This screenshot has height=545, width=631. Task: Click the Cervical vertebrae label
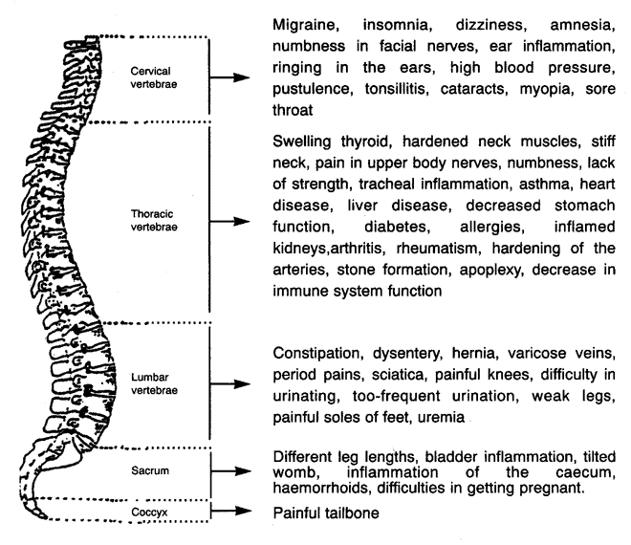154,77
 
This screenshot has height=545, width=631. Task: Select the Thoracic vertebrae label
154,220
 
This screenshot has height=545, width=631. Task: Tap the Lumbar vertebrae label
154,383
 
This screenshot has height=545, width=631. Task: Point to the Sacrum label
150,470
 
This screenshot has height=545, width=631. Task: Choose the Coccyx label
149,512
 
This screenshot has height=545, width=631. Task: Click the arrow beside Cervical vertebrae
229,77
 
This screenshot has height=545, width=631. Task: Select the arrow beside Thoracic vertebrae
229,221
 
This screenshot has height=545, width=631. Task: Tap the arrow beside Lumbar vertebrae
230,384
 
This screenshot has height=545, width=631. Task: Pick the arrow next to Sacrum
231,471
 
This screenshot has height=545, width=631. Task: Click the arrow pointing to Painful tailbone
231,511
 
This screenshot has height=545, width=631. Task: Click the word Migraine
306,26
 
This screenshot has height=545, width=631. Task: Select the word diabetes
397,227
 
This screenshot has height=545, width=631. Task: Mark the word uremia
441,418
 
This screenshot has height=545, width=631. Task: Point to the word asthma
546,184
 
